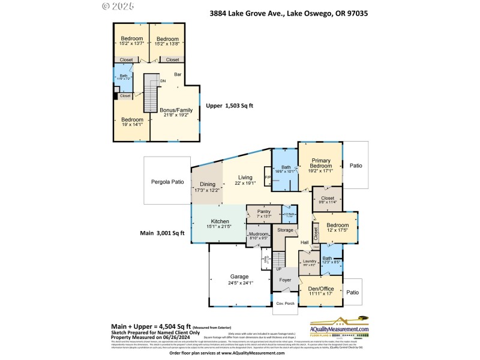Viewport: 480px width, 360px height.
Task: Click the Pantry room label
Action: click(x=264, y=211)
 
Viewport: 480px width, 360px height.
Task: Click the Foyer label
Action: click(x=286, y=280)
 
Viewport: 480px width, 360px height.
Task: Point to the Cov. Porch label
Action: click(x=283, y=303)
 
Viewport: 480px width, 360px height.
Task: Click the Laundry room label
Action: click(x=309, y=261)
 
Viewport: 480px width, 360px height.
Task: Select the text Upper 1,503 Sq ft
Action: click(x=230, y=106)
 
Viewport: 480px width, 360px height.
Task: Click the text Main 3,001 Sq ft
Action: click(x=163, y=233)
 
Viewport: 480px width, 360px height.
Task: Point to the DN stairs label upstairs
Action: click(x=161, y=82)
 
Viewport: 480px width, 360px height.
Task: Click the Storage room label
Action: click(x=286, y=230)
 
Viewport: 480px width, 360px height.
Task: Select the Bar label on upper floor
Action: click(x=178, y=75)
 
